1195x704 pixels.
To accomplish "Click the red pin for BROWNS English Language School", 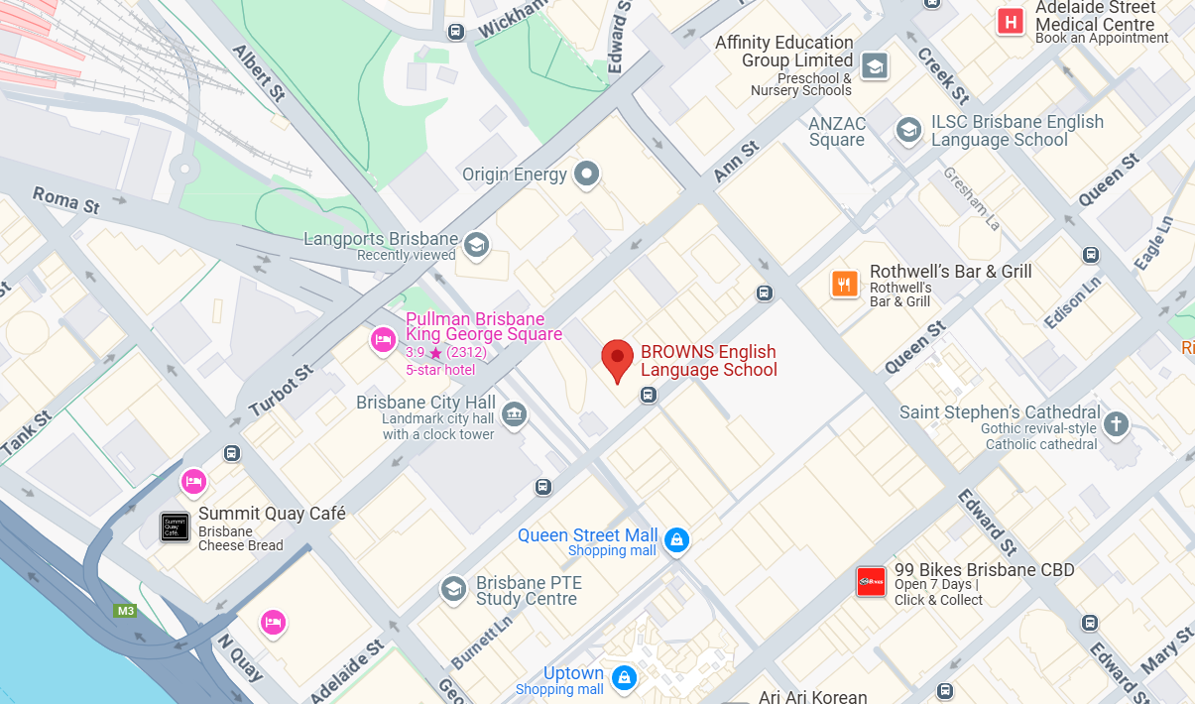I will tap(618, 359).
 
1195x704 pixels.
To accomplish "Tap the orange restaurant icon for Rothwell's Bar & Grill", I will tap(844, 285).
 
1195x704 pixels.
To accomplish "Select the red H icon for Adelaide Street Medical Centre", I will tap(1011, 21).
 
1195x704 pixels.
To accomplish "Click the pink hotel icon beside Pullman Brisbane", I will tap(383, 341).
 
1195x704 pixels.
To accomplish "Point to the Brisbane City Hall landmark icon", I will tap(514, 413).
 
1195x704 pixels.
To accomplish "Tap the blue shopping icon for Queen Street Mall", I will tap(676, 539).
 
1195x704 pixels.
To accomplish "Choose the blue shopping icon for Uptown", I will tap(624, 677).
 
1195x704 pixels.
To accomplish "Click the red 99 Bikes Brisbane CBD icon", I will tap(871, 582).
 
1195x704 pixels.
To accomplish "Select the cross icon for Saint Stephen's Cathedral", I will tap(1116, 424).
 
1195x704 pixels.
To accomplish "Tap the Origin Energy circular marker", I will tap(588, 175).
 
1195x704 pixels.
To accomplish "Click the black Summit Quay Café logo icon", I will tap(175, 527).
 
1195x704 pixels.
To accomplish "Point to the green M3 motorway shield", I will tap(125, 611).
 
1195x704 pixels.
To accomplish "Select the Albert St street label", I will tap(259, 72).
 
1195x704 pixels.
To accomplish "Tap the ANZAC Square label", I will tap(837, 131).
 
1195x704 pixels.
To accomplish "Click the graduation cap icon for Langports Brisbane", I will tap(477, 244).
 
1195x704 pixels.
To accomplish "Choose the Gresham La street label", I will tap(972, 198).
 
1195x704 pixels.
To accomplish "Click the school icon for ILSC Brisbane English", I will tap(907, 129).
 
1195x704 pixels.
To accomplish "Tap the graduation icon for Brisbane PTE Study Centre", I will tap(453, 589).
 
